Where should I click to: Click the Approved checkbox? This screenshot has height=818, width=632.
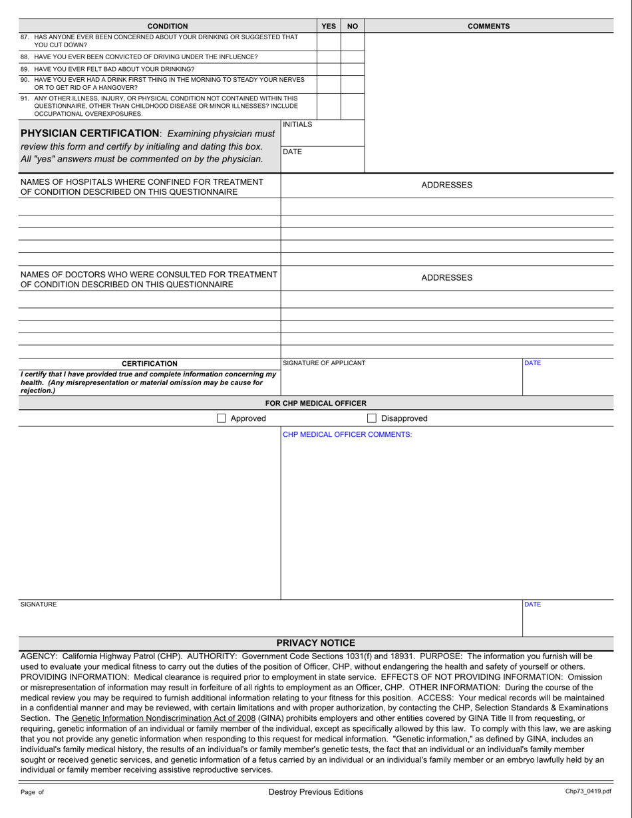pyautogui.click(x=222, y=418)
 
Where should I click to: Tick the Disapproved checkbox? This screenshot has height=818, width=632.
pyautogui.click(x=373, y=418)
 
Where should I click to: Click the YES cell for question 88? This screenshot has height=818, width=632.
pyautogui.click(x=328, y=57)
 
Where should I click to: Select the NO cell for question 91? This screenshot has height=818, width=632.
pyautogui.click(x=353, y=105)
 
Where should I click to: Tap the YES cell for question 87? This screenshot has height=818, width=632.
pyautogui.click(x=328, y=41)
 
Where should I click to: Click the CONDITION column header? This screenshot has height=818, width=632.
pyautogui.click(x=167, y=27)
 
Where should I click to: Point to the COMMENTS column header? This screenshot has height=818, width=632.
pyautogui.click(x=488, y=27)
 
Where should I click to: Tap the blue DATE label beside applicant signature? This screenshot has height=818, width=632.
pyautogui.click(x=533, y=363)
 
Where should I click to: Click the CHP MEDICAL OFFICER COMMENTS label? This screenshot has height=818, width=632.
pyautogui.click(x=347, y=434)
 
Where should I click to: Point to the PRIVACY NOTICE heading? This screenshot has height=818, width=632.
pyautogui.click(x=315, y=642)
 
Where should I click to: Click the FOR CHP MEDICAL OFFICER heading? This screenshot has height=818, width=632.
pyautogui.click(x=315, y=403)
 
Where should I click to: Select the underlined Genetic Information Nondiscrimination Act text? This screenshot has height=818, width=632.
pyautogui.click(x=163, y=718)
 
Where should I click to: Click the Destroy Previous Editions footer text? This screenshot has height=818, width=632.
pyautogui.click(x=315, y=791)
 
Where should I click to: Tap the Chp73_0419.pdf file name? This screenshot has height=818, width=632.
pyautogui.click(x=587, y=791)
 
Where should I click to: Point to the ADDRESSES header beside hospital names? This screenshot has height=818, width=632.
pyautogui.click(x=446, y=185)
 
